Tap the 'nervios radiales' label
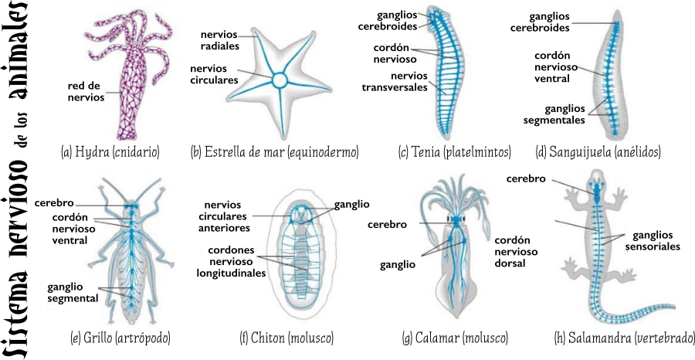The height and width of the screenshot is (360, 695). coord(220,40)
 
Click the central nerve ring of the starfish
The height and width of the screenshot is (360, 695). coord(279,80)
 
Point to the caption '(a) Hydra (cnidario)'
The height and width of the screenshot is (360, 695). coord(110,151)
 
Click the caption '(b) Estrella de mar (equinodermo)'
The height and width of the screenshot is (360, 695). coord(274,151)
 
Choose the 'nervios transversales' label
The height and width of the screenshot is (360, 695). coord(395,82)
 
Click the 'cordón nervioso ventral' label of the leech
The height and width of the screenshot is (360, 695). coord(552,66)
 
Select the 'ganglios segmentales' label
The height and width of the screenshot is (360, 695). coord(554,114)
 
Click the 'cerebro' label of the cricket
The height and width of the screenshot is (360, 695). coord(54,203)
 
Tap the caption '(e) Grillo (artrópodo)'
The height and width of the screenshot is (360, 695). coord(120,338)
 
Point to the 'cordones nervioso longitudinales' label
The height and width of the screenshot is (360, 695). coord(231,261)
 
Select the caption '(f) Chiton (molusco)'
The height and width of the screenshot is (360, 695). coord(286,338)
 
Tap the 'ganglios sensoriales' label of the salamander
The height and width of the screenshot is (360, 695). coord(653,241)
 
